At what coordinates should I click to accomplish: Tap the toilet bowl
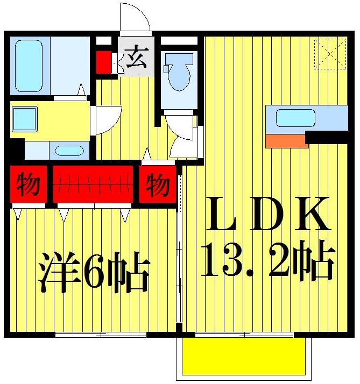point(178,75)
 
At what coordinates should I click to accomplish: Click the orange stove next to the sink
point(286,140)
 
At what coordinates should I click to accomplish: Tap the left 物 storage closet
point(27,186)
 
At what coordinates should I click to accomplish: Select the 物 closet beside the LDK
point(157,186)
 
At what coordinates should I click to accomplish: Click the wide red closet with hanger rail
point(93,183)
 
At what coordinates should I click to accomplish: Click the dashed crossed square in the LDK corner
point(330,53)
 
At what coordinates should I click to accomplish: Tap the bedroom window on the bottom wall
point(101,335)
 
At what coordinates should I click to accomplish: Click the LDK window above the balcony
point(245,335)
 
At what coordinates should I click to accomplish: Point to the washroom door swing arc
point(105,120)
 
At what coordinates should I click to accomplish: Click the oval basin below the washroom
point(68,151)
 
